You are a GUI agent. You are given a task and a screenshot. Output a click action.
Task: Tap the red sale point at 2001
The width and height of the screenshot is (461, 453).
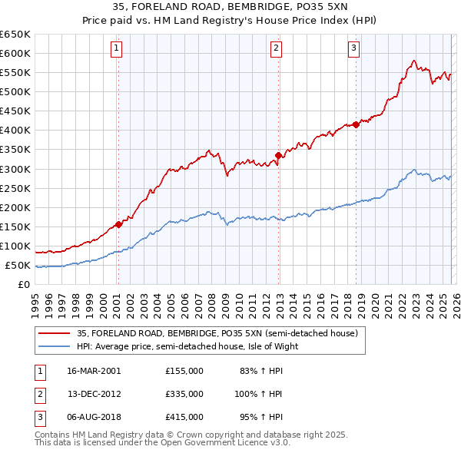(x=118, y=224)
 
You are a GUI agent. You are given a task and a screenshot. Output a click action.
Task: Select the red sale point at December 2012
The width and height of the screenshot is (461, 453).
(x=277, y=155)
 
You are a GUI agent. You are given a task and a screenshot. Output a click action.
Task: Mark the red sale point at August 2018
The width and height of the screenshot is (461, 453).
(x=356, y=124)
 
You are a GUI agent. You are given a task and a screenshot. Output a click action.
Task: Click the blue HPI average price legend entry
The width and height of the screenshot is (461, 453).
(x=187, y=346)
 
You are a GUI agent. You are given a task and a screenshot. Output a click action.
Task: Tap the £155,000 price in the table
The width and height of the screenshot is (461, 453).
(x=184, y=370)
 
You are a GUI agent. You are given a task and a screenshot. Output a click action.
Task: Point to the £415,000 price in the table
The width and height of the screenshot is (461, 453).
(x=184, y=417)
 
